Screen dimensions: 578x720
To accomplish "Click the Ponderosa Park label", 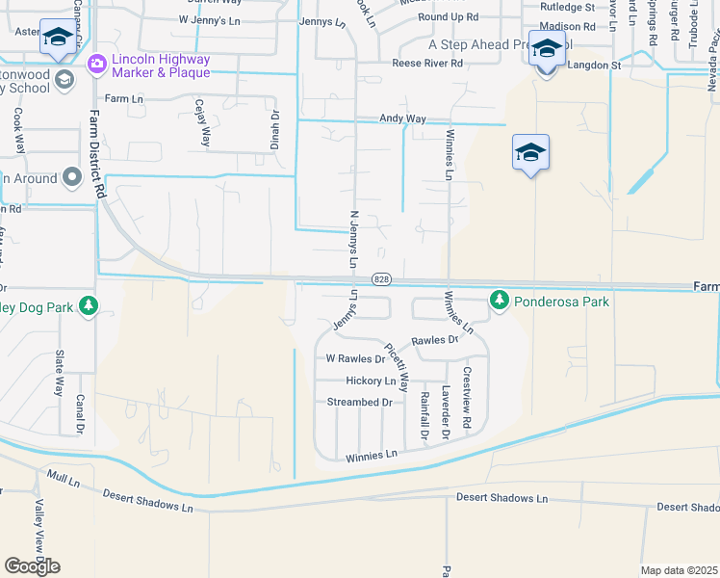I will (561, 302).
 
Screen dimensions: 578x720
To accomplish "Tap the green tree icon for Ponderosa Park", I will (500, 301).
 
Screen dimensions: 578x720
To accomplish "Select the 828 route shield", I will (382, 279).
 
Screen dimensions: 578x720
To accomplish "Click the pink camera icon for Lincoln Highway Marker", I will (96, 65).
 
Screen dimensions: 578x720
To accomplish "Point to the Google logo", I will (32, 565).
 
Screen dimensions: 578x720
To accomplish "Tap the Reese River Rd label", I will (426, 64).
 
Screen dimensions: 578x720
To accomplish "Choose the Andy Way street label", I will (402, 118).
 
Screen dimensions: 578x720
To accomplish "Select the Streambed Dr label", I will (360, 402).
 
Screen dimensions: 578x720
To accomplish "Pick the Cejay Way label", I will (202, 122).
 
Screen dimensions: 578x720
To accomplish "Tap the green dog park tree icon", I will (89, 305).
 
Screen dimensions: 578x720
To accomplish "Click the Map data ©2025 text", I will (679, 570).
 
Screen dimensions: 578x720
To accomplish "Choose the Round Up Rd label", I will (449, 16).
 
